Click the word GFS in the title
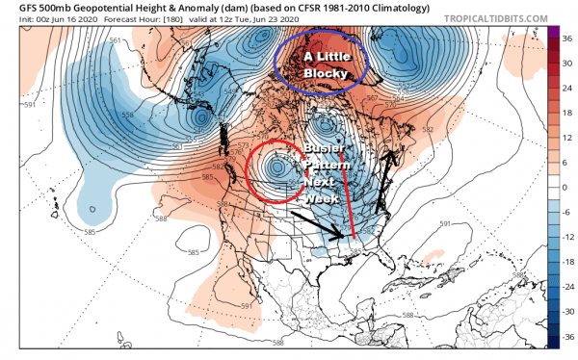coord(15,8)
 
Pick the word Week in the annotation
coord(321,197)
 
